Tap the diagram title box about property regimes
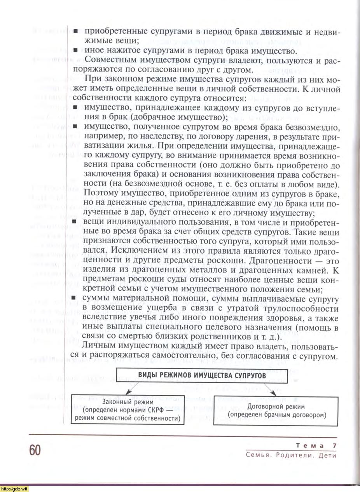[x=202, y=376]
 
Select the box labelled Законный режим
[x=128, y=410]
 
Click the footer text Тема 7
[x=316, y=445]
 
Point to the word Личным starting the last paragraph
[x=98, y=346]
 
